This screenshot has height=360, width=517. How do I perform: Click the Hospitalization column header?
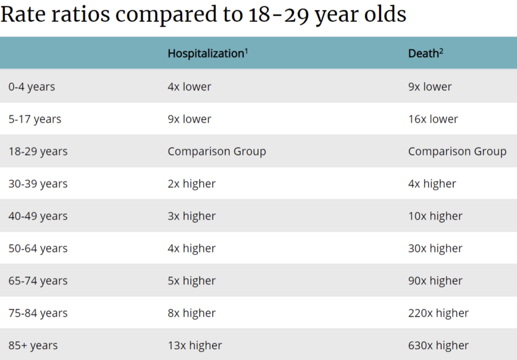(206, 53)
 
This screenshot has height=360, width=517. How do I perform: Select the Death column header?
(423, 53)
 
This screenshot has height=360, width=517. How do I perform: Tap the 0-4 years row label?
(31, 87)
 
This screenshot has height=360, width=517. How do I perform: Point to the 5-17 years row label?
(34, 119)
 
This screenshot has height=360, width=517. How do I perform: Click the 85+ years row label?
(33, 345)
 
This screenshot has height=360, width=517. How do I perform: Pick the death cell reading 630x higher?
(438, 345)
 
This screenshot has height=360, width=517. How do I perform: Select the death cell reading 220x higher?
(438, 313)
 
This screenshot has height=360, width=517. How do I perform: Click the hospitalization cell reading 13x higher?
(195, 345)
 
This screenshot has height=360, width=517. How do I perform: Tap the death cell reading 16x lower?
(433, 119)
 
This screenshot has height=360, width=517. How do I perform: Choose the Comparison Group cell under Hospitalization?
(217, 151)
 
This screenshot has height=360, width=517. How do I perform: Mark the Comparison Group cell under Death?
(457, 151)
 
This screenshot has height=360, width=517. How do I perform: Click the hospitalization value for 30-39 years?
(191, 184)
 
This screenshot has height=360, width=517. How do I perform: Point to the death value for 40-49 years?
(435, 216)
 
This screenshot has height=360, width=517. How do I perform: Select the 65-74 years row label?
(38, 281)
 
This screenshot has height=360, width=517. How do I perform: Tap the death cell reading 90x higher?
(435, 281)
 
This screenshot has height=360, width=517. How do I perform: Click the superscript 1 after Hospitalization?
(246, 50)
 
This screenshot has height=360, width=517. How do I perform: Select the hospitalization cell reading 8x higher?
(191, 313)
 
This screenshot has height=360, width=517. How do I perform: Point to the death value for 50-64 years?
(435, 248)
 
